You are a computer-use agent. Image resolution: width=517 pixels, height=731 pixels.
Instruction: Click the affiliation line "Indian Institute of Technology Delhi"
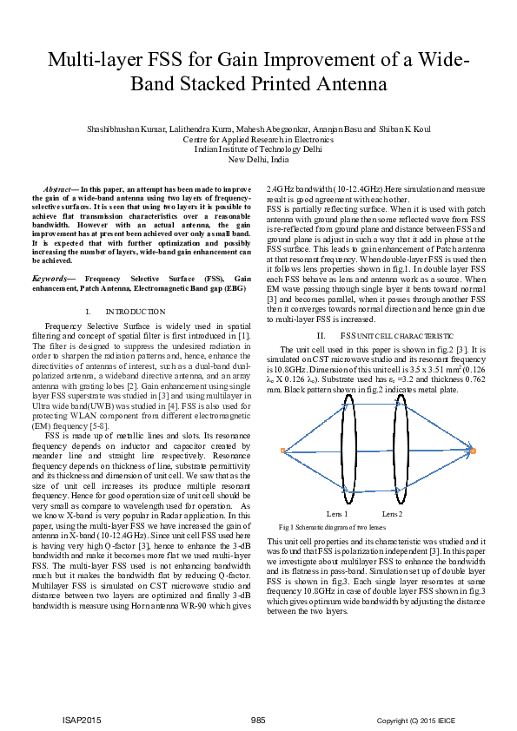pyautogui.click(x=258, y=149)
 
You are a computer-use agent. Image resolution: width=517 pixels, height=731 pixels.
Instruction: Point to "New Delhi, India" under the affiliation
pyautogui.click(x=258, y=160)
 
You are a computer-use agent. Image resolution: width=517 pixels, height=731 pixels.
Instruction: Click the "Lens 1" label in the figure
pyautogui.click(x=338, y=514)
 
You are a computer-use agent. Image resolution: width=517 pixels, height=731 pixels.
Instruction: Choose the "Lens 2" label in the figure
pyautogui.click(x=392, y=514)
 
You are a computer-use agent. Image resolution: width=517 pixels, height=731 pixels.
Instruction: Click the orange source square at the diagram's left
pyautogui.click(x=283, y=450)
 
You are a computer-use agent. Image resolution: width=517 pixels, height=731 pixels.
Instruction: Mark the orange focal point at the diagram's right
pyautogui.click(x=474, y=451)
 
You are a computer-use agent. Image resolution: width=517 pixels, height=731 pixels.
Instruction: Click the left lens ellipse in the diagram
pyautogui.click(x=348, y=451)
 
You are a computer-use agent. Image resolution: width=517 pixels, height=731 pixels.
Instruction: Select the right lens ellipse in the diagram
pyautogui.click(x=402, y=451)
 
